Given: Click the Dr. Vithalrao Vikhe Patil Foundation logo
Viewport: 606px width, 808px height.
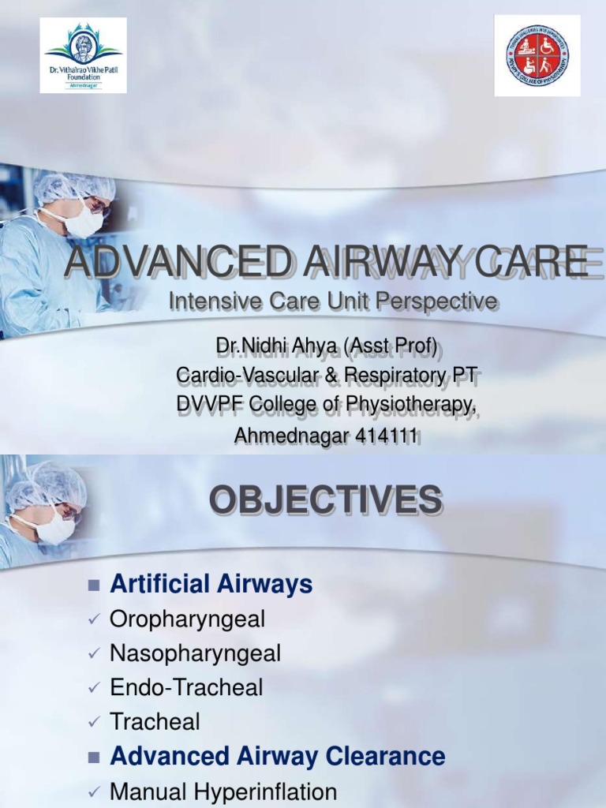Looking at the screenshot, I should (x=83, y=54).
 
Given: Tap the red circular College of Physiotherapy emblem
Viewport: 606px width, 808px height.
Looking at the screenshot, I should (x=537, y=55).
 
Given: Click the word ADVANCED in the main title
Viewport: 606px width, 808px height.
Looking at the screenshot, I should (x=159, y=262).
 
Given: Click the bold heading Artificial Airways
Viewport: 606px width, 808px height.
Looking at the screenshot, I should (x=211, y=585).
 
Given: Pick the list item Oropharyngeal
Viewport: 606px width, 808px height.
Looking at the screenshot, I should (x=187, y=619).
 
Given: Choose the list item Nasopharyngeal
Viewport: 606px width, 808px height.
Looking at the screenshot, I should (x=195, y=653).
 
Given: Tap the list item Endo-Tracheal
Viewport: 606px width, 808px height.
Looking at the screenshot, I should (x=186, y=687).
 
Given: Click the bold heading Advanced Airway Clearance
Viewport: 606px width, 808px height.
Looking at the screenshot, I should (x=278, y=757).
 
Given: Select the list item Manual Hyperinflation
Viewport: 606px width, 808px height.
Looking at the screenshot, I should (x=223, y=791).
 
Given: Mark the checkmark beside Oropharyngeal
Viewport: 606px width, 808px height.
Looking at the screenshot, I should (x=95, y=620).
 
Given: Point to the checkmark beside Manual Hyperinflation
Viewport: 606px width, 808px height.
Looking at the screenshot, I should (x=95, y=791).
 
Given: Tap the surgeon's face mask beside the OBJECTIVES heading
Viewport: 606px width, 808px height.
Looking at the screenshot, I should (x=54, y=526).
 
